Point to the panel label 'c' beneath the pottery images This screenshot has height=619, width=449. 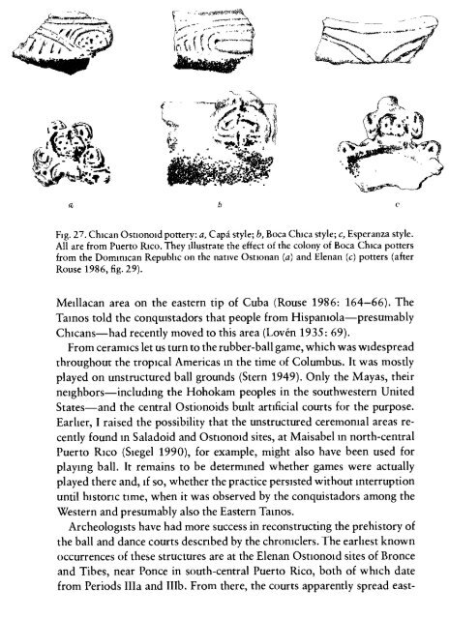[372, 206]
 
